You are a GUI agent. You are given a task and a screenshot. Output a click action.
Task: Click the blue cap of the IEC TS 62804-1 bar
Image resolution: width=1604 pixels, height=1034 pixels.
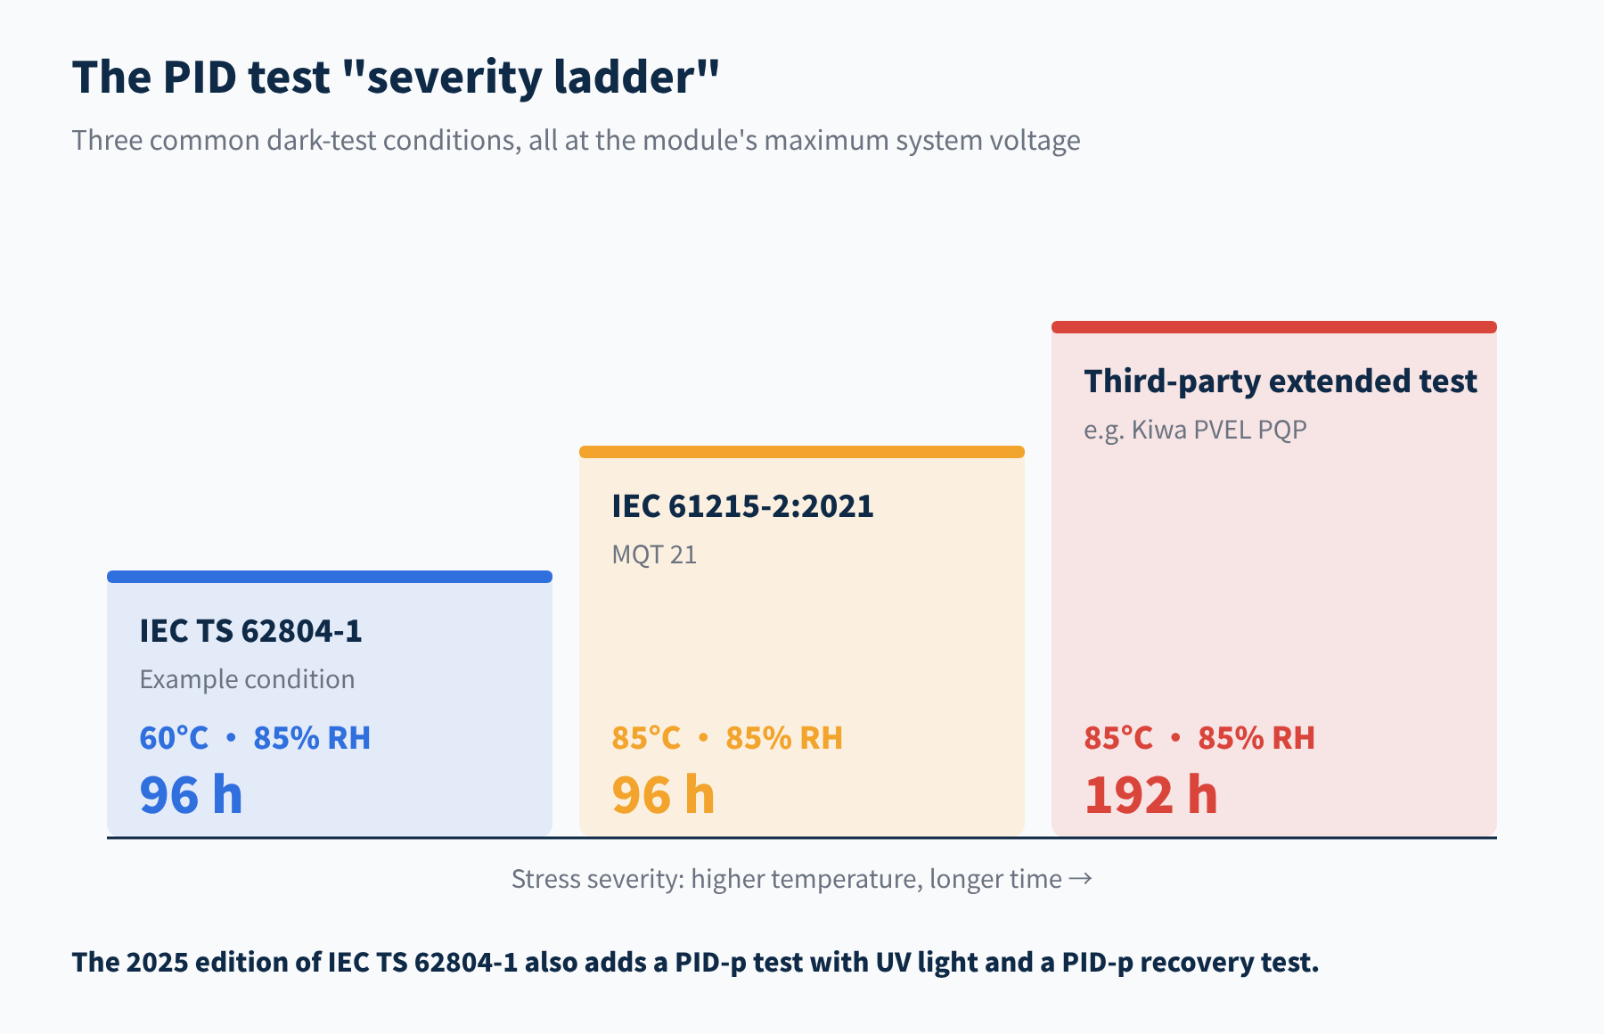click(x=330, y=577)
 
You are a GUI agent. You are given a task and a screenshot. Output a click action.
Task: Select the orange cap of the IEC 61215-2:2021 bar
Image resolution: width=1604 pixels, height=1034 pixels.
click(x=802, y=452)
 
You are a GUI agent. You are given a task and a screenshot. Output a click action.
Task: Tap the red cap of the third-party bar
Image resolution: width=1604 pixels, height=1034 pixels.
click(x=1274, y=327)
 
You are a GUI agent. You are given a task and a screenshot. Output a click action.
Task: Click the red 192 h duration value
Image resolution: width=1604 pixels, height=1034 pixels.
click(x=1150, y=795)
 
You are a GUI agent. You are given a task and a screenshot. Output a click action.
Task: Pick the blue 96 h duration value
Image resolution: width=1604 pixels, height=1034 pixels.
click(x=191, y=795)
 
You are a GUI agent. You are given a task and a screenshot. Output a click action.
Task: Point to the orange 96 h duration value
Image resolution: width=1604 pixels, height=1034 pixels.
click(x=663, y=795)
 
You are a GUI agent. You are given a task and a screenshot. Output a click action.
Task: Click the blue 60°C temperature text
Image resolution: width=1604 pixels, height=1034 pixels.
click(x=174, y=738)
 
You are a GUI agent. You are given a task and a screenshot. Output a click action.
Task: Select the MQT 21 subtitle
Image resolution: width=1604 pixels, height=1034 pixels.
click(x=654, y=554)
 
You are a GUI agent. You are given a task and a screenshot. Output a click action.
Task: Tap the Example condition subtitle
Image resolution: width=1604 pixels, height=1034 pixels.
click(x=247, y=679)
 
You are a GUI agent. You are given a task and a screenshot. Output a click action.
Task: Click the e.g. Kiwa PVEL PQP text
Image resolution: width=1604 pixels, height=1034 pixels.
click(x=1195, y=430)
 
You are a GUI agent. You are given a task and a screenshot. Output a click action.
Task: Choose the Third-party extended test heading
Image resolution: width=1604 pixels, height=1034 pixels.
click(x=1281, y=382)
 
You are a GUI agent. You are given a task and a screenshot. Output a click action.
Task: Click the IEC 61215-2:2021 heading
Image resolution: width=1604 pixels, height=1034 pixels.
click(x=742, y=506)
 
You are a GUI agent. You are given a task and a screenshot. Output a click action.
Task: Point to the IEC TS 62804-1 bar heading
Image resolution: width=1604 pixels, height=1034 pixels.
click(x=250, y=631)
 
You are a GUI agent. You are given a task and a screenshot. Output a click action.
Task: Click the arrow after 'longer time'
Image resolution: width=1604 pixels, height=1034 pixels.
click(x=1080, y=879)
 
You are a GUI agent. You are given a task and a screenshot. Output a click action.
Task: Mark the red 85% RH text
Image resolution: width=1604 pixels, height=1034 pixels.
click(x=1256, y=738)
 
